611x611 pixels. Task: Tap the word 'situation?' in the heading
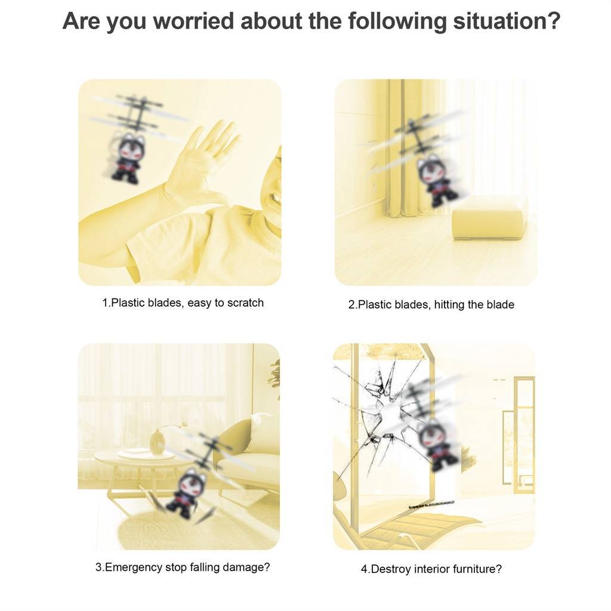point(507,21)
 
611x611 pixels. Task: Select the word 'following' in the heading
point(397,22)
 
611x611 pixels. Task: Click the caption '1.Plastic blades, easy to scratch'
point(183,303)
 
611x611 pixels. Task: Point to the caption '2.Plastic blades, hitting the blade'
point(431,304)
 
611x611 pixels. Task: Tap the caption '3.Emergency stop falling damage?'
point(183,567)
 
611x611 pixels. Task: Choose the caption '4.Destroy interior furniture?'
point(431,569)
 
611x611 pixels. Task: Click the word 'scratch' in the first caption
point(245,303)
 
